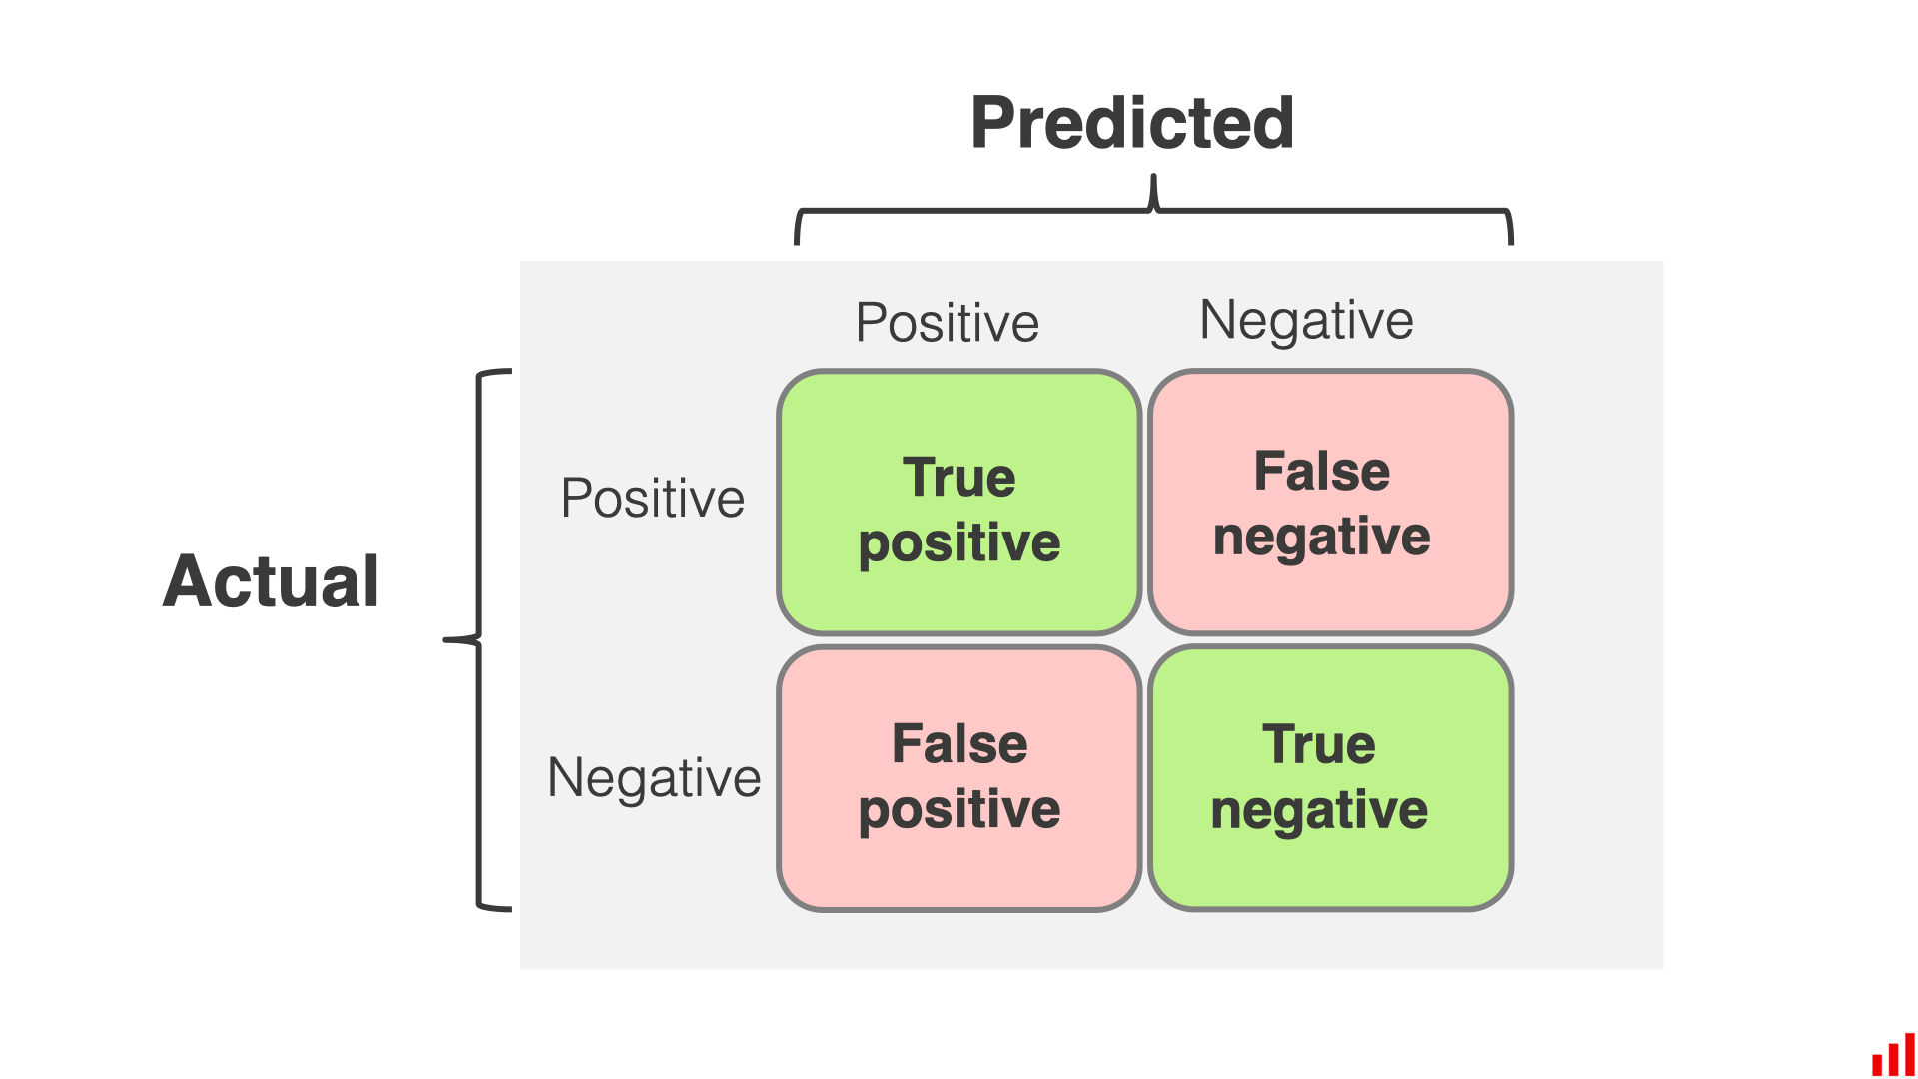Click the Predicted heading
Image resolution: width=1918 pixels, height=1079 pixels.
(x=1132, y=124)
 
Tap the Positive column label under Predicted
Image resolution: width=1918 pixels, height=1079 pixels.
(x=948, y=323)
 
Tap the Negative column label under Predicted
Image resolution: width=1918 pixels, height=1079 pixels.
(x=1306, y=321)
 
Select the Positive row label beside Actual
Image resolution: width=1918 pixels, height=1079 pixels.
(x=653, y=498)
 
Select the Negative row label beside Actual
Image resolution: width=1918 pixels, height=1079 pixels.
(x=654, y=777)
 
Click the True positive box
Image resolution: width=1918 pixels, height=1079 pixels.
(x=959, y=503)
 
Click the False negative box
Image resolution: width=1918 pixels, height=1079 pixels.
(x=1330, y=503)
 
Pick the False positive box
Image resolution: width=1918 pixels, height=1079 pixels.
(x=959, y=778)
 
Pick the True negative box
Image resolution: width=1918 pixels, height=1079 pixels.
(x=1330, y=778)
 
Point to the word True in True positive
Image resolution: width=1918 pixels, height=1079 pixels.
(x=959, y=477)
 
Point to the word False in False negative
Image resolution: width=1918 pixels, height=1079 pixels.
(x=1321, y=471)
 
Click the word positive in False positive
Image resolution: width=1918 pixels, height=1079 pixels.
(x=959, y=809)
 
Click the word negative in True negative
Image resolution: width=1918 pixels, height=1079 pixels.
(x=1319, y=810)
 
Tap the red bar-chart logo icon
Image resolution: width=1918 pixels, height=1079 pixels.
(x=1893, y=1055)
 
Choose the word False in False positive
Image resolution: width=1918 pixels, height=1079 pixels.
(x=959, y=744)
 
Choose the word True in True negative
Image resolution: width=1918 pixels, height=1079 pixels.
(x=1319, y=744)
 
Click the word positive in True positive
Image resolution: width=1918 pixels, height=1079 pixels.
(x=959, y=543)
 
